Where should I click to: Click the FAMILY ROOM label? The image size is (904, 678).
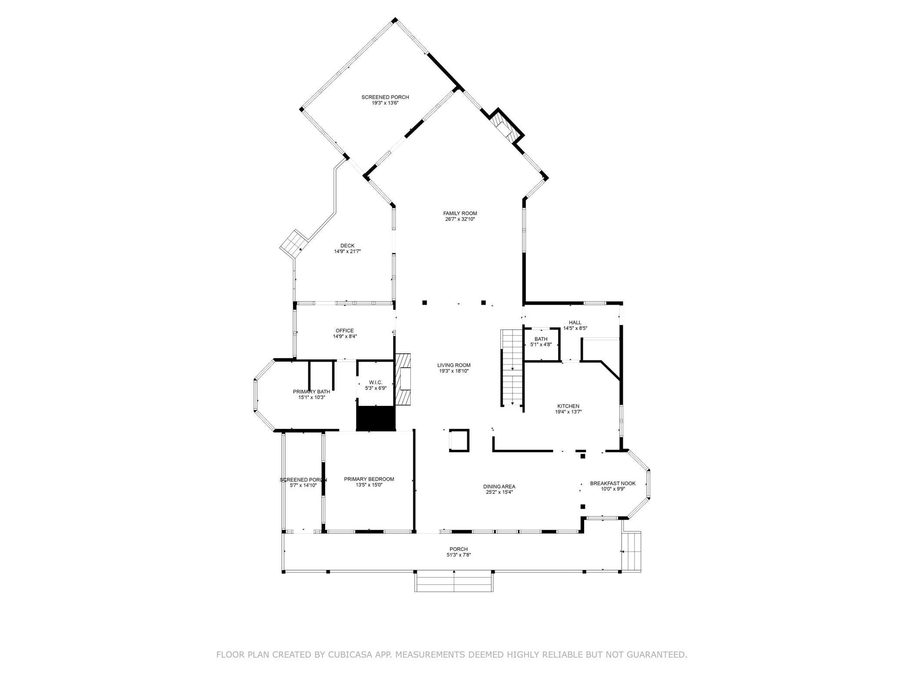[460, 213]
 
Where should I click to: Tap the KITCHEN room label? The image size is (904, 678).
[568, 406]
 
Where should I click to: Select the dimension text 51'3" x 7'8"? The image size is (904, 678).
[459, 555]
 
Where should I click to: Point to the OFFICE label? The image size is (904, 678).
[345, 331]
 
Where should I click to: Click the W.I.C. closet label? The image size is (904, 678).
[376, 382]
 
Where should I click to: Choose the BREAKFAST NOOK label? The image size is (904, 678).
[612, 483]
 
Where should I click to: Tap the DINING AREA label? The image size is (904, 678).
[499, 486]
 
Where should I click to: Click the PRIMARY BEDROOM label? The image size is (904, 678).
[369, 479]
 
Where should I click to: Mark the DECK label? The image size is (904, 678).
[347, 246]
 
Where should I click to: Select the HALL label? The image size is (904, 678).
[575, 322]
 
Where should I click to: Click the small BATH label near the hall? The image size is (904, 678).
[541, 339]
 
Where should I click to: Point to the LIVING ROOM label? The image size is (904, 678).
[454, 365]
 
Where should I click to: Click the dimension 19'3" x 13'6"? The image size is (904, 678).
[385, 103]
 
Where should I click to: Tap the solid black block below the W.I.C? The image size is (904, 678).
[376, 418]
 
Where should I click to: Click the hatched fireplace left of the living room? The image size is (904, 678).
[403, 378]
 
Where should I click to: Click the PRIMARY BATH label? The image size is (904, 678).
[311, 392]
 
